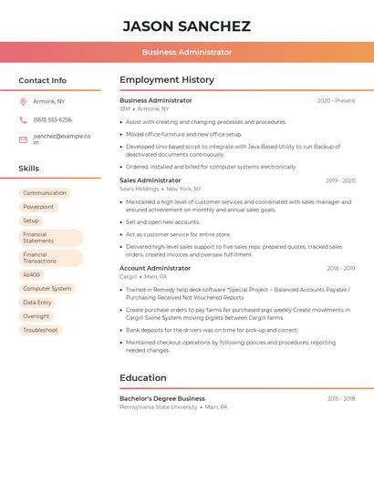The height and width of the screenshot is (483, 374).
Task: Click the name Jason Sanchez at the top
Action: (186, 26)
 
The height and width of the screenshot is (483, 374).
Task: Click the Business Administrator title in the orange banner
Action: (186, 53)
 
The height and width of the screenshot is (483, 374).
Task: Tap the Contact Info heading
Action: (43, 80)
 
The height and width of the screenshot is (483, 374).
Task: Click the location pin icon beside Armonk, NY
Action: (23, 101)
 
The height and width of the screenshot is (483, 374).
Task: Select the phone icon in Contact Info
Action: (23, 119)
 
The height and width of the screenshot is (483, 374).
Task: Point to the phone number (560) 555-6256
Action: (52, 119)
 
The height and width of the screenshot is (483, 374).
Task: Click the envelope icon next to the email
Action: (23, 139)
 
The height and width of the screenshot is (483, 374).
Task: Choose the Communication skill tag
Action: (45, 193)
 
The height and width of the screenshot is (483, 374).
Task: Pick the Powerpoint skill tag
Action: (38, 207)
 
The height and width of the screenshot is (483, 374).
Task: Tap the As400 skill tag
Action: (31, 274)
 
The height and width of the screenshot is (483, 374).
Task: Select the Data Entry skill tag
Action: (37, 302)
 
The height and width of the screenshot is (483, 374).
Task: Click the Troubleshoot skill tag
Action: (40, 330)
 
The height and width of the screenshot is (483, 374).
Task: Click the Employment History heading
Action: (167, 80)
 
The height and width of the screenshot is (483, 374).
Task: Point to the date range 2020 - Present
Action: (336, 100)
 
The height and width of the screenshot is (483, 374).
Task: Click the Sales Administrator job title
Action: (150, 180)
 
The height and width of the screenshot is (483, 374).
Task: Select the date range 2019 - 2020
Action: (340, 180)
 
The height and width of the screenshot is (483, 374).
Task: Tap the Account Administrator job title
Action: (155, 268)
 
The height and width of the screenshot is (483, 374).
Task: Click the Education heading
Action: (143, 378)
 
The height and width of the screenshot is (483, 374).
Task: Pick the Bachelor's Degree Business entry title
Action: (162, 398)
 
